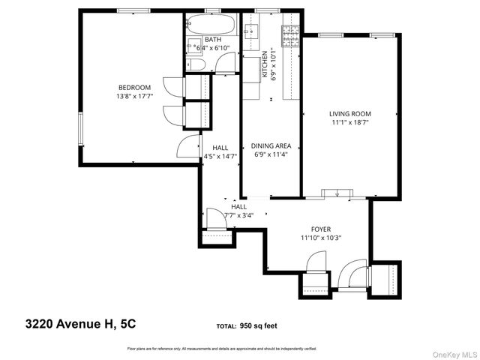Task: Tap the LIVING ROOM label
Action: coord(349,114)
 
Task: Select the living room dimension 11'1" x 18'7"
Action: coord(349,124)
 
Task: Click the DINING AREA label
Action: coord(271,145)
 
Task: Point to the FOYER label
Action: coord(321,229)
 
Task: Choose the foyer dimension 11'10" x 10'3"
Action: coord(321,238)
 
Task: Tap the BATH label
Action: coord(212,39)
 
